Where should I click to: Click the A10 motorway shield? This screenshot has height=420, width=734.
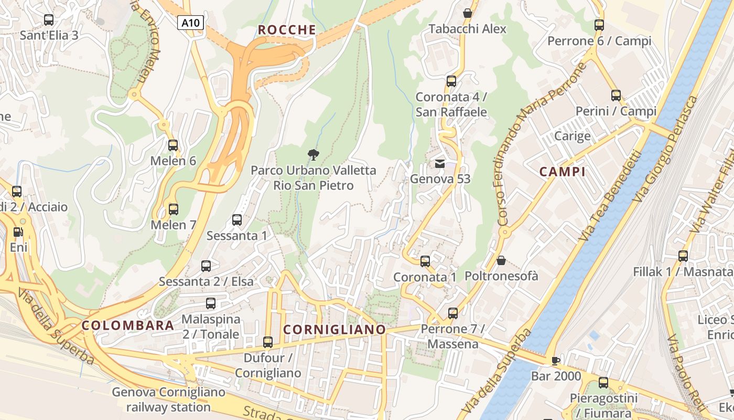tap(190, 23)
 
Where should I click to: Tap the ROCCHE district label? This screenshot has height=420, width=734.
tap(287, 30)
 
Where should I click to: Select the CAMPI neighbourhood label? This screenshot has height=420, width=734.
tap(562, 172)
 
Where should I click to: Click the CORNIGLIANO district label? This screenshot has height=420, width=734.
tap(334, 330)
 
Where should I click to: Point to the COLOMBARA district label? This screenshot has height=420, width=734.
tap(128, 325)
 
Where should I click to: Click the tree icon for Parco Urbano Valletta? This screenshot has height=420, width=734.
tap(314, 154)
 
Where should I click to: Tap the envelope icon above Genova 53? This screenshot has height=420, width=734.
tap(440, 164)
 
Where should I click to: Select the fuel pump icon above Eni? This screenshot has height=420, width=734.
tap(18, 232)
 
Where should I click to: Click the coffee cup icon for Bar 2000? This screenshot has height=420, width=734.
tap(556, 360)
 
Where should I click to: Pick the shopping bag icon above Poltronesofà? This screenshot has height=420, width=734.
tap(501, 260)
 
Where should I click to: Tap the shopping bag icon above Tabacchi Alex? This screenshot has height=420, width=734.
tap(467, 13)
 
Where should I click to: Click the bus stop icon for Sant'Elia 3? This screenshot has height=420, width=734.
tap(49, 20)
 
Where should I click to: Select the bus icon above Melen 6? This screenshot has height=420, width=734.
tap(173, 145)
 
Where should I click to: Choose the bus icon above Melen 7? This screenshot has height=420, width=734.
tap(173, 209)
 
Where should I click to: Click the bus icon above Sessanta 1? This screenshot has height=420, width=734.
tap(237, 220)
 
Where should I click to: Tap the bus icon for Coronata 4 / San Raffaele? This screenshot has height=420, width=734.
tap(451, 81)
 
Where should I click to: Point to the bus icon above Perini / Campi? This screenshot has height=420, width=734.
tap(616, 96)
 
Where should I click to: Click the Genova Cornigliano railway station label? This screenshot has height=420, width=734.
tap(168, 400)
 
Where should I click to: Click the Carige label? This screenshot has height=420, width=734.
tap(573, 136)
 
